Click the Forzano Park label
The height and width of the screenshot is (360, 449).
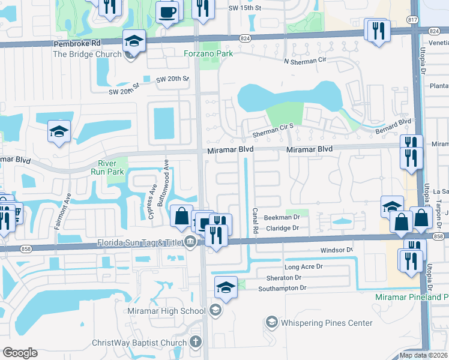209,53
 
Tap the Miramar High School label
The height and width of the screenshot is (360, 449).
166,311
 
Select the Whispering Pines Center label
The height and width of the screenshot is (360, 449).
328,323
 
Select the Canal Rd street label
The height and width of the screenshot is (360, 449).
255,221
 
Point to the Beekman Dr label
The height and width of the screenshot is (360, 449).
282,217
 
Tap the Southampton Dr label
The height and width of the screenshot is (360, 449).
282,289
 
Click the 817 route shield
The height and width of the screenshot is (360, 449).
414,20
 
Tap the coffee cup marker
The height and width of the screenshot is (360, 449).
167,11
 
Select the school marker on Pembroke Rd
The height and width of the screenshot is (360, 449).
134,41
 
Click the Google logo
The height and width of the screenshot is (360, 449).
20,353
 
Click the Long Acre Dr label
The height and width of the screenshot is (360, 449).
303,266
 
